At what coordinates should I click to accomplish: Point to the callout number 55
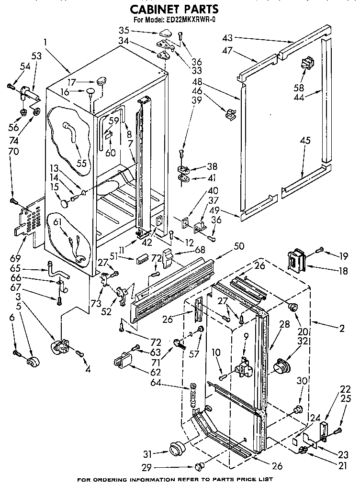coord(81,163)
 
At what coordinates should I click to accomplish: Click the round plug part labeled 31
coord(177,449)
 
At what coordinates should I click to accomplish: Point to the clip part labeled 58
coord(306,63)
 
